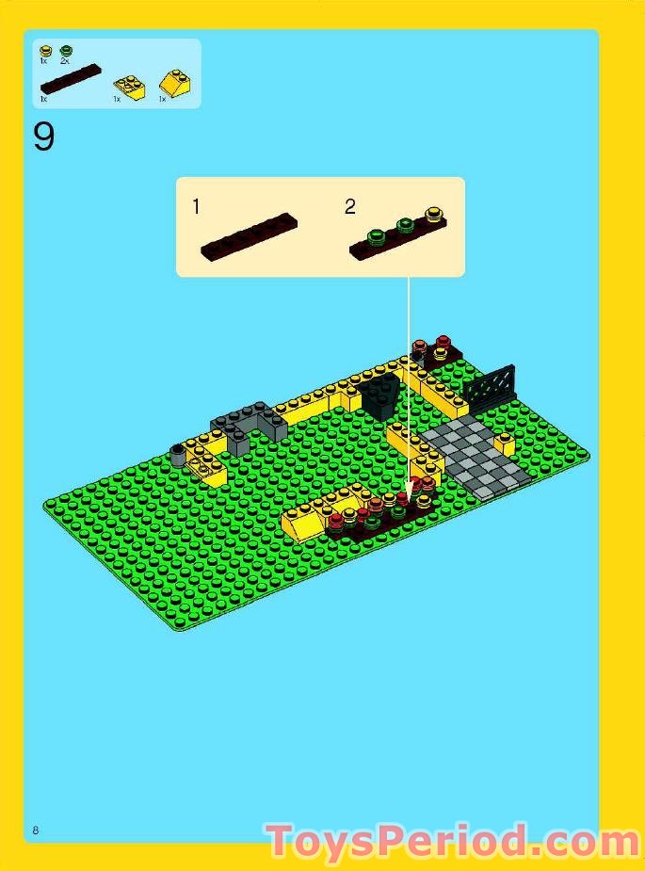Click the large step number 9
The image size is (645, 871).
[44, 137]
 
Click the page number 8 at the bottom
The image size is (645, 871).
[35, 830]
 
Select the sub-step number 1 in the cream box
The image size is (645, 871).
[196, 206]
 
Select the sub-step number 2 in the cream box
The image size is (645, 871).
[350, 206]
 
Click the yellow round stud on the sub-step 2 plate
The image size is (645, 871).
[432, 215]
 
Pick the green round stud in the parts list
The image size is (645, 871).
[66, 50]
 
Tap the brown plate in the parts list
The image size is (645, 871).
[72, 77]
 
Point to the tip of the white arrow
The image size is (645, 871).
[409, 491]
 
